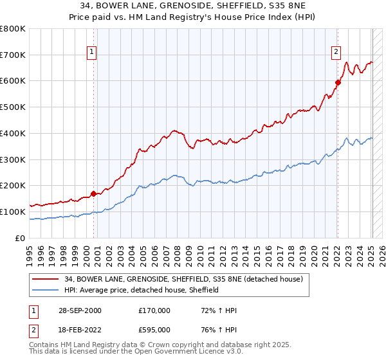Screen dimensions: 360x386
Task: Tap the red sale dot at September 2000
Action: pyautogui.click(x=93, y=193)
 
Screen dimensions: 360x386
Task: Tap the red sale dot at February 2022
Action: pyautogui.click(x=337, y=82)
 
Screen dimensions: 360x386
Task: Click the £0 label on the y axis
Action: pyautogui.click(x=19, y=238)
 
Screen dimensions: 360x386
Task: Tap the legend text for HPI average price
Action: pyautogui.click(x=142, y=290)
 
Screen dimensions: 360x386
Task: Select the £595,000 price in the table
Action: pyautogui.click(x=154, y=329)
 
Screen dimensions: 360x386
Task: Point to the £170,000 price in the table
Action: pyautogui.click(x=154, y=310)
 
